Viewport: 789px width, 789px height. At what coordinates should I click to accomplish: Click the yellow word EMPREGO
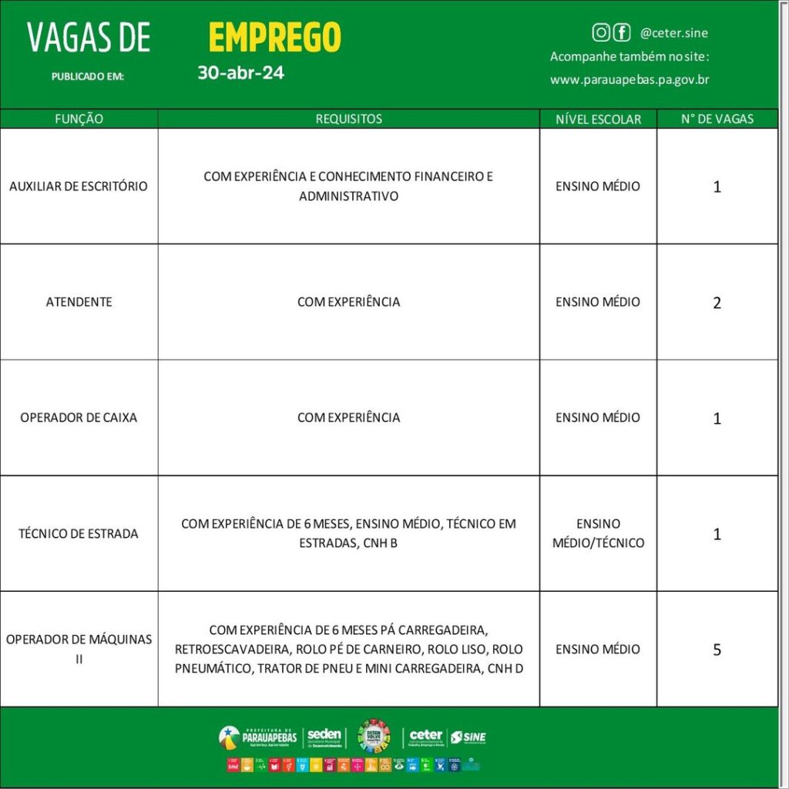click(x=274, y=36)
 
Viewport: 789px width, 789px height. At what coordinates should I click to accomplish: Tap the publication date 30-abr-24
click(x=240, y=73)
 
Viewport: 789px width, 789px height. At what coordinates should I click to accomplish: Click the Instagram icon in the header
click(x=600, y=32)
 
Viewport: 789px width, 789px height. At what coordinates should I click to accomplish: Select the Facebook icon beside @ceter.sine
click(x=621, y=32)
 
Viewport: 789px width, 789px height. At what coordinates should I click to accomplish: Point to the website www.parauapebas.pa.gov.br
click(x=630, y=79)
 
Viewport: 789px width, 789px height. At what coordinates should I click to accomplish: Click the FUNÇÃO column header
click(x=79, y=119)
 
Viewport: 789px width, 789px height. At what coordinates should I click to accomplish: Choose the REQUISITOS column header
click(x=348, y=119)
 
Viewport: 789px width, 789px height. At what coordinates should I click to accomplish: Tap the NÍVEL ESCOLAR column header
click(x=598, y=119)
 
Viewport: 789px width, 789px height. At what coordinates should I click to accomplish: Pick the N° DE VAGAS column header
click(x=717, y=119)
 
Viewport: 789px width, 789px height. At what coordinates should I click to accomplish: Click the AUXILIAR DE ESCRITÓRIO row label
click(x=79, y=186)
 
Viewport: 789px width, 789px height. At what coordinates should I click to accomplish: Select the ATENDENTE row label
click(x=79, y=301)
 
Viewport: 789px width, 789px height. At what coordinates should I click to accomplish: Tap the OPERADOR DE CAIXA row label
click(x=79, y=417)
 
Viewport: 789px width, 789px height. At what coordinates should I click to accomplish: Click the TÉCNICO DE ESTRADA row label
click(x=79, y=533)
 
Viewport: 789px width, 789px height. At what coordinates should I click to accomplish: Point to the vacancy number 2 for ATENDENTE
click(x=717, y=303)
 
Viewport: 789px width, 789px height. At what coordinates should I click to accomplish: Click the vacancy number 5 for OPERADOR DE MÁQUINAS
click(x=717, y=650)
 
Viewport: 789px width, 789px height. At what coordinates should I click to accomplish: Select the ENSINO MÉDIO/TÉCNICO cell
click(x=598, y=533)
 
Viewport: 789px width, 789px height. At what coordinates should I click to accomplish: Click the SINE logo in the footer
click(x=468, y=737)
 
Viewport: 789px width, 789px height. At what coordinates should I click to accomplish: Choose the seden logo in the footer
click(x=324, y=737)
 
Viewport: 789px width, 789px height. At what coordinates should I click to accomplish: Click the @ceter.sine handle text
click(x=673, y=33)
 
